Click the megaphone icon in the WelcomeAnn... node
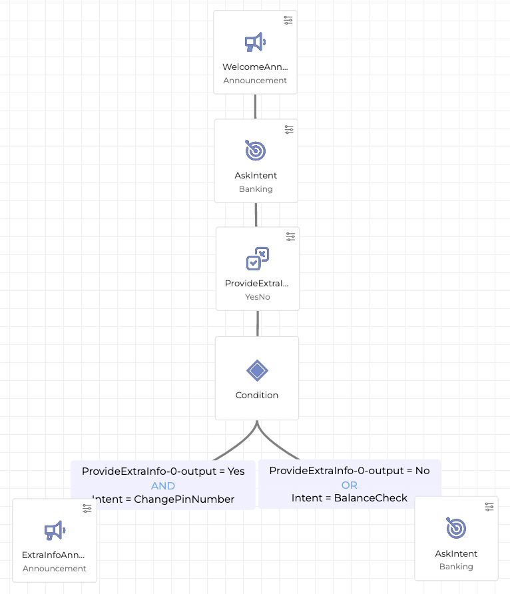pyautogui.click(x=255, y=43)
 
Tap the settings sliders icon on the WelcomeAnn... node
pyautogui.click(x=288, y=20)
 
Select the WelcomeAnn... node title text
pyautogui.click(x=256, y=67)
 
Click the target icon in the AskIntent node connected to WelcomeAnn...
pyautogui.click(x=256, y=150)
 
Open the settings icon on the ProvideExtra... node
pyautogui.click(x=290, y=236)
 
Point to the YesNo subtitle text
pyautogui.click(x=257, y=297)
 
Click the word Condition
pyautogui.click(x=257, y=395)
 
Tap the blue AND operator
pyautogui.click(x=163, y=485)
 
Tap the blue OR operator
pyautogui.click(x=350, y=485)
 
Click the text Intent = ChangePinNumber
pyautogui.click(x=163, y=499)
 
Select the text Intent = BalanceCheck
pyautogui.click(x=350, y=497)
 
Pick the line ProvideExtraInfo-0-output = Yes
pyautogui.click(x=163, y=471)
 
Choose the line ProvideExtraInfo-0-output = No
pyautogui.click(x=350, y=471)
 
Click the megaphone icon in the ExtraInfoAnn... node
pyautogui.click(x=54, y=531)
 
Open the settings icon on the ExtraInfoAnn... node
pyautogui.click(x=87, y=508)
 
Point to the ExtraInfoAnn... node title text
pyautogui.click(x=54, y=555)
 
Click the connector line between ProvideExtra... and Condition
pyautogui.click(x=257, y=323)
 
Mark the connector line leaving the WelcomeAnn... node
pyautogui.click(x=255, y=106)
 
